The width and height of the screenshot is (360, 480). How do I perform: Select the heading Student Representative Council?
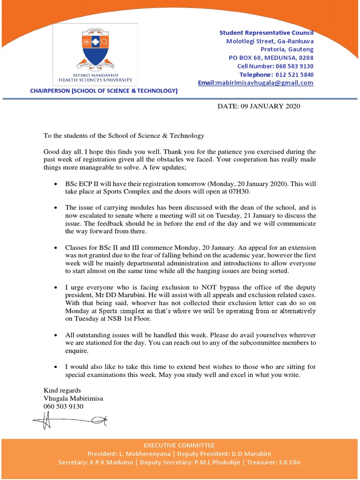(267, 33)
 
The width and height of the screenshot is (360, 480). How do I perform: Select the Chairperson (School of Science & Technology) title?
(104, 91)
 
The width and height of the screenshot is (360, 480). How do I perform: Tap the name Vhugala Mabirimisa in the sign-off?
(73, 398)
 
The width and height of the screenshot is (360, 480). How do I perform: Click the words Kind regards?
(62, 390)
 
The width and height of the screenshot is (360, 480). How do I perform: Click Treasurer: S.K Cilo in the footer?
(274, 462)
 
